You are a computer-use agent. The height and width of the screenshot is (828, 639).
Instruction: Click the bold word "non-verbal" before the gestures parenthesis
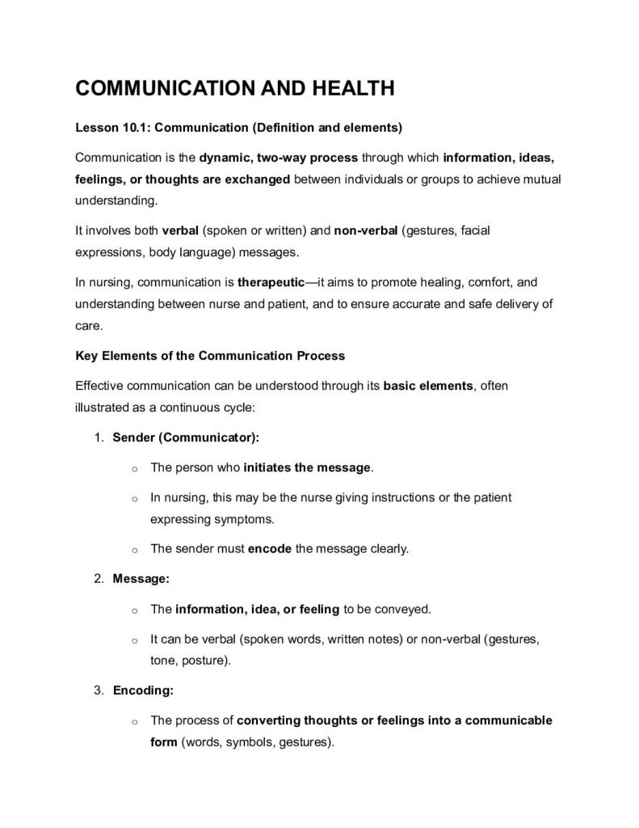pos(365,230)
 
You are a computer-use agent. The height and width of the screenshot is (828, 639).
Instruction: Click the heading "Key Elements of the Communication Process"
pos(209,355)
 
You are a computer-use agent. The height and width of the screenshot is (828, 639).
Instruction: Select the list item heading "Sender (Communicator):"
pos(186,437)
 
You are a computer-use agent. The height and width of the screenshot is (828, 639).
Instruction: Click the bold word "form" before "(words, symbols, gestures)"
pos(163,741)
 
